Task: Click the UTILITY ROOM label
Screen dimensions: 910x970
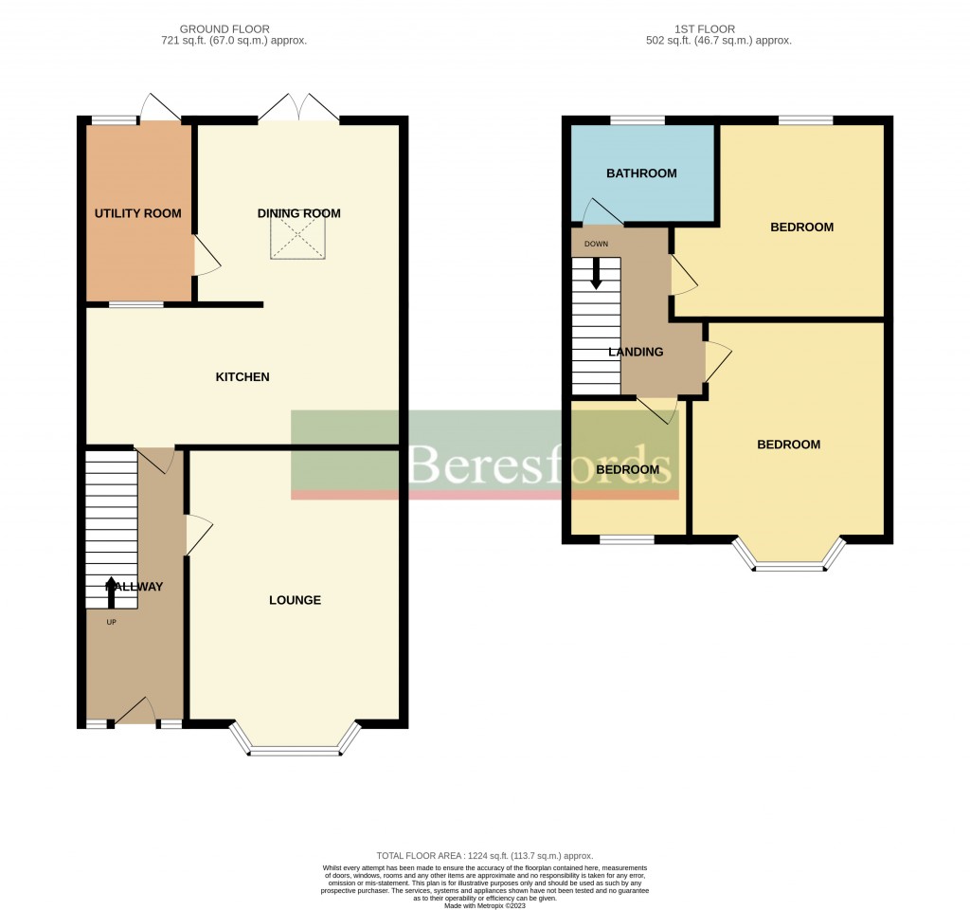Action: coord(137,213)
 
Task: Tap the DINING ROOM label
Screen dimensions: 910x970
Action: coord(298,213)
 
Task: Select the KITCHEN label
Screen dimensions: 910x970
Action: coord(242,377)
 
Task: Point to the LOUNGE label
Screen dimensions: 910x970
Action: coord(295,600)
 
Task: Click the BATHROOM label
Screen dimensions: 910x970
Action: coord(641,173)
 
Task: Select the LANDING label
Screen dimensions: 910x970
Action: coord(636,352)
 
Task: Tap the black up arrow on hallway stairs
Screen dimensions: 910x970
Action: coord(112,590)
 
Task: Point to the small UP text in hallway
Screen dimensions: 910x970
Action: coord(111,623)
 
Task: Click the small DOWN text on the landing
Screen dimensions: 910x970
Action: coord(596,244)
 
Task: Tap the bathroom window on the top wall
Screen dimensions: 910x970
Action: coord(637,120)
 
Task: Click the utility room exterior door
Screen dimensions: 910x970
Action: coord(158,106)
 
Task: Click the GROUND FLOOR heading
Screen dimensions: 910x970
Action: coord(233,29)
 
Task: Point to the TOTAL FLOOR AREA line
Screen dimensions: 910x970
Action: coord(484,854)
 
